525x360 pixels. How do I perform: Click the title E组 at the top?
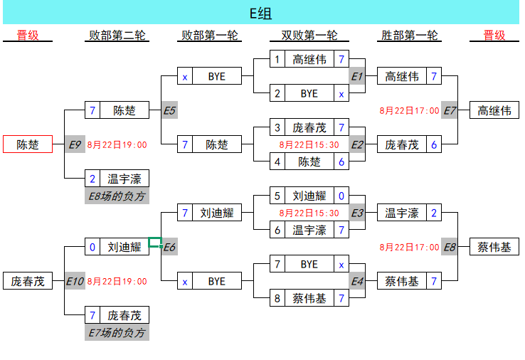pyautogui.click(x=260, y=14)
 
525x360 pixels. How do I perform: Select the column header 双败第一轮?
pyautogui.click(x=309, y=36)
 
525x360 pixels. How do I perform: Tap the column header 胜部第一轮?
pyautogui.click(x=409, y=36)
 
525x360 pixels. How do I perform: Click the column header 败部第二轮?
pyautogui.click(x=117, y=36)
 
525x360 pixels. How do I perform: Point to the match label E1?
pyautogui.click(x=357, y=76)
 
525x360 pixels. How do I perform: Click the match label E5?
pyautogui.click(x=169, y=110)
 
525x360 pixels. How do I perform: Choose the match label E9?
pyautogui.click(x=75, y=144)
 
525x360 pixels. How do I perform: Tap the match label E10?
pyautogui.click(x=75, y=281)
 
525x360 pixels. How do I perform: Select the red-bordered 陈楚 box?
pyautogui.click(x=28, y=144)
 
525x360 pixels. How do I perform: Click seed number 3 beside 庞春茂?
pyautogui.click(x=277, y=127)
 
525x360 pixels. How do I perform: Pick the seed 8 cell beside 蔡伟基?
pyautogui.click(x=277, y=298)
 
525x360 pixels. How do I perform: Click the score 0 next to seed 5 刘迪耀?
pyautogui.click(x=341, y=196)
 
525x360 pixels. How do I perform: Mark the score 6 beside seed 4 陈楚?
pyautogui.click(x=341, y=162)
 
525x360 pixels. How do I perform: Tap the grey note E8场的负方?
pyautogui.click(x=117, y=196)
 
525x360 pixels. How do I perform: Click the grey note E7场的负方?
pyautogui.click(x=117, y=332)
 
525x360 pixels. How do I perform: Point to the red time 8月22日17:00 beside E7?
pyautogui.click(x=409, y=110)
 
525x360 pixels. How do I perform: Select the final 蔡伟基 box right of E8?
pyautogui.click(x=494, y=247)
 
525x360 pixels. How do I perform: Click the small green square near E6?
pyautogui.click(x=155, y=242)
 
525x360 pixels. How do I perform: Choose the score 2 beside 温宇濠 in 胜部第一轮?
pyautogui.click(x=434, y=213)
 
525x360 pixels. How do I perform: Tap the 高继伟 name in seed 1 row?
pyautogui.click(x=309, y=59)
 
